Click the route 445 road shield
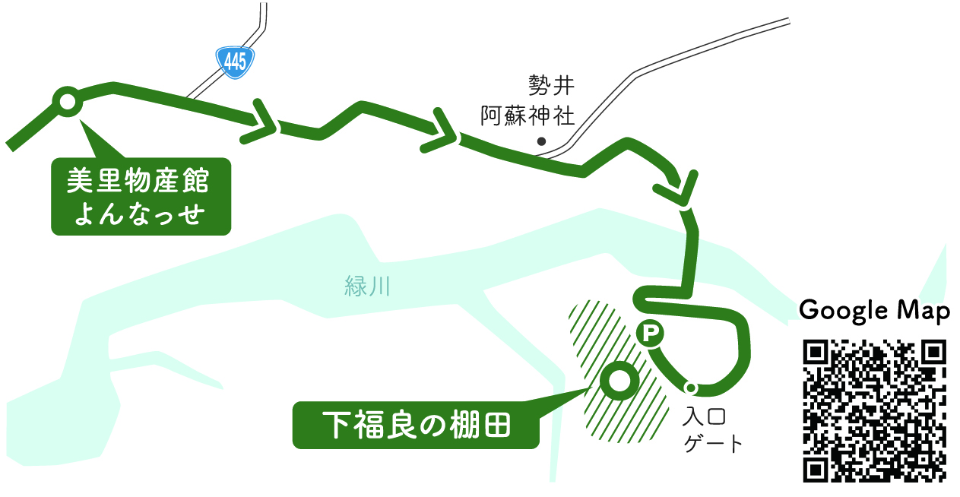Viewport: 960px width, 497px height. point(235,62)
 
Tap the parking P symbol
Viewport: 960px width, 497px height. point(650,332)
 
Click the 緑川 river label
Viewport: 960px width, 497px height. point(366,287)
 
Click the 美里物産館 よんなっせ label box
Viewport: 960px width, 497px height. point(140,196)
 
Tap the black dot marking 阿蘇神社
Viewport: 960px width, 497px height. point(541,141)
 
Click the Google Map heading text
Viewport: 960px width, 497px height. point(874,311)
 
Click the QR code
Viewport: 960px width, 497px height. point(874,410)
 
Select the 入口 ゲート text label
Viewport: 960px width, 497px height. point(711,430)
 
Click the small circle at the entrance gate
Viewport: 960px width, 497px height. point(691,388)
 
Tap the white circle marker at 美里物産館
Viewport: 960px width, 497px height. point(66,101)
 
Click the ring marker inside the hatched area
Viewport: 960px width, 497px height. point(616,381)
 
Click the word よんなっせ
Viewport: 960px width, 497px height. point(140,214)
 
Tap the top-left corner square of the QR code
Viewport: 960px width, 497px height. point(817,353)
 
